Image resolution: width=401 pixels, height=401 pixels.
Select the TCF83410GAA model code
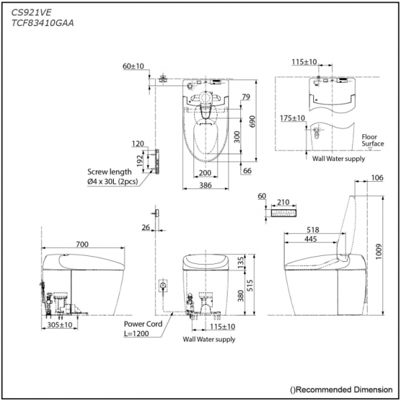tap(42, 23)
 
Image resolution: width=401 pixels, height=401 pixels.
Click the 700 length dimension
tap(82, 245)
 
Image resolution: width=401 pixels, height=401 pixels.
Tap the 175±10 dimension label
tap(293, 118)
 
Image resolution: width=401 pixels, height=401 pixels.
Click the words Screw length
tap(110, 172)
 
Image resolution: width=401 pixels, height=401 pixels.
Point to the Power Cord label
tap(143, 324)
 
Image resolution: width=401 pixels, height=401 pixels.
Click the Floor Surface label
tap(373, 140)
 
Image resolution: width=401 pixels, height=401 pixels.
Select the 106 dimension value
tap(376, 178)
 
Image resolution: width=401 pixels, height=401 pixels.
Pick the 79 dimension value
tap(246, 98)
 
